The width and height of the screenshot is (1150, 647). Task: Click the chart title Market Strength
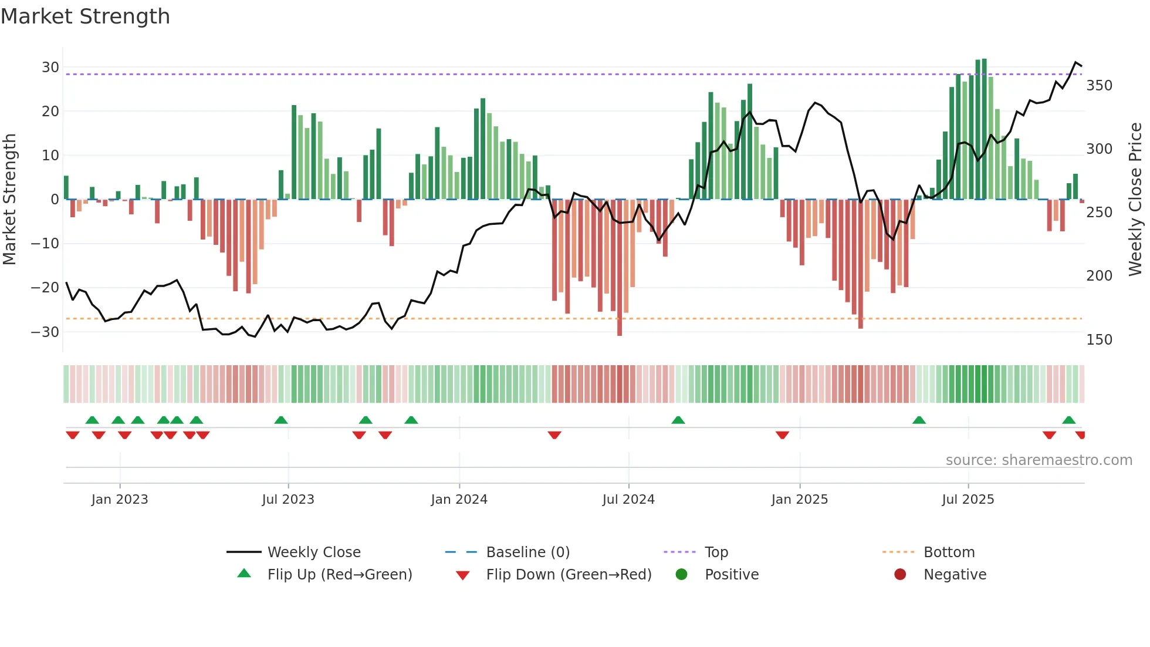click(85, 16)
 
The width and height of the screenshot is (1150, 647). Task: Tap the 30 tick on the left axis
click(50, 67)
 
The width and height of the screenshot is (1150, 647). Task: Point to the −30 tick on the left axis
click(45, 332)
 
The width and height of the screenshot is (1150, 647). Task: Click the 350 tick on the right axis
click(1099, 86)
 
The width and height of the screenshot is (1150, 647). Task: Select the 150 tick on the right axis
click(1099, 340)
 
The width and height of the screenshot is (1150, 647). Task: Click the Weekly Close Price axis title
click(1135, 200)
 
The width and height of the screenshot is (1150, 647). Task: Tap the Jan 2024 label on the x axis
click(459, 500)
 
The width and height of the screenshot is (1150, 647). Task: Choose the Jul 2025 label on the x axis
click(968, 500)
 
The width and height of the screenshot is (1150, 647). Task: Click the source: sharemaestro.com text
click(1039, 460)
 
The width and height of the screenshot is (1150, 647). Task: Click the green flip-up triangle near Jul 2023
click(281, 420)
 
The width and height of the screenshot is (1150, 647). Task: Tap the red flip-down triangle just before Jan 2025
click(782, 435)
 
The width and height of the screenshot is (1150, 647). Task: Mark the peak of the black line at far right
click(1076, 62)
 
